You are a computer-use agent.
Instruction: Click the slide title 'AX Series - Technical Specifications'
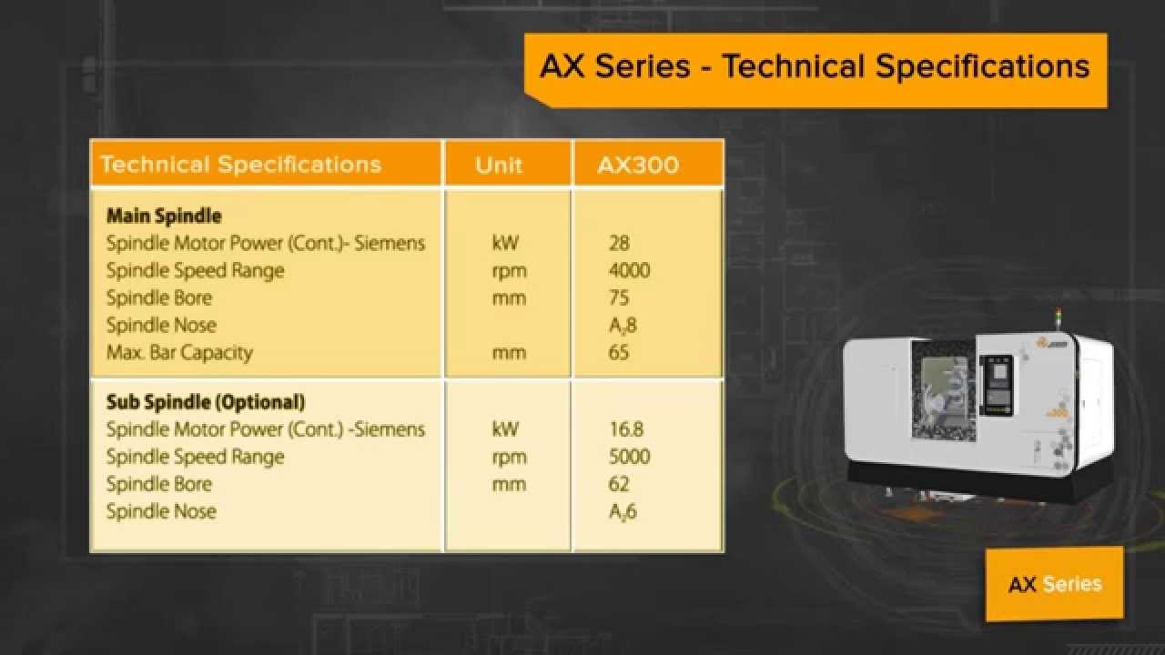(815, 66)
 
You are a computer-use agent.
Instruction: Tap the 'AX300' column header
(637, 165)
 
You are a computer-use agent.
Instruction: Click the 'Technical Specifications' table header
(240, 165)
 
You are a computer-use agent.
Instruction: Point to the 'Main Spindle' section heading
(164, 217)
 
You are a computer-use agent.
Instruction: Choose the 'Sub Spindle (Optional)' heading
(206, 402)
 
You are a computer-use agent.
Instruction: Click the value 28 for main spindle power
(619, 244)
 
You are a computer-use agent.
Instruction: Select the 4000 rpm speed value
(629, 271)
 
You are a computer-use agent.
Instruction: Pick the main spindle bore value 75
(619, 298)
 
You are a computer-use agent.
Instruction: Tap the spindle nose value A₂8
(623, 326)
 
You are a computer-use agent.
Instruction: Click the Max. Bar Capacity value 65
(619, 353)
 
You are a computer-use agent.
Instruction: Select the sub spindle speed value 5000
(629, 457)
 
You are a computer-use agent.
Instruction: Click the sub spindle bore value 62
(619, 484)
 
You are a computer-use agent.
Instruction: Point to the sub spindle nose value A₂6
(623, 511)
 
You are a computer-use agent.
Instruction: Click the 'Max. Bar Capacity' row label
(179, 353)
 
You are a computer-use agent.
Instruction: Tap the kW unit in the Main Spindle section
(507, 244)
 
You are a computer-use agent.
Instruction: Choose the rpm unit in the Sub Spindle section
(509, 457)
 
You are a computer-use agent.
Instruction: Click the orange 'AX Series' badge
(1054, 584)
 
